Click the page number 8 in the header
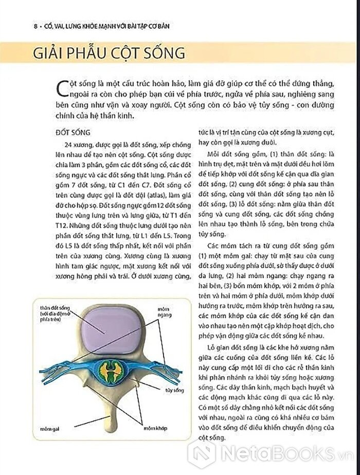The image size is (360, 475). click(x=19, y=26)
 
